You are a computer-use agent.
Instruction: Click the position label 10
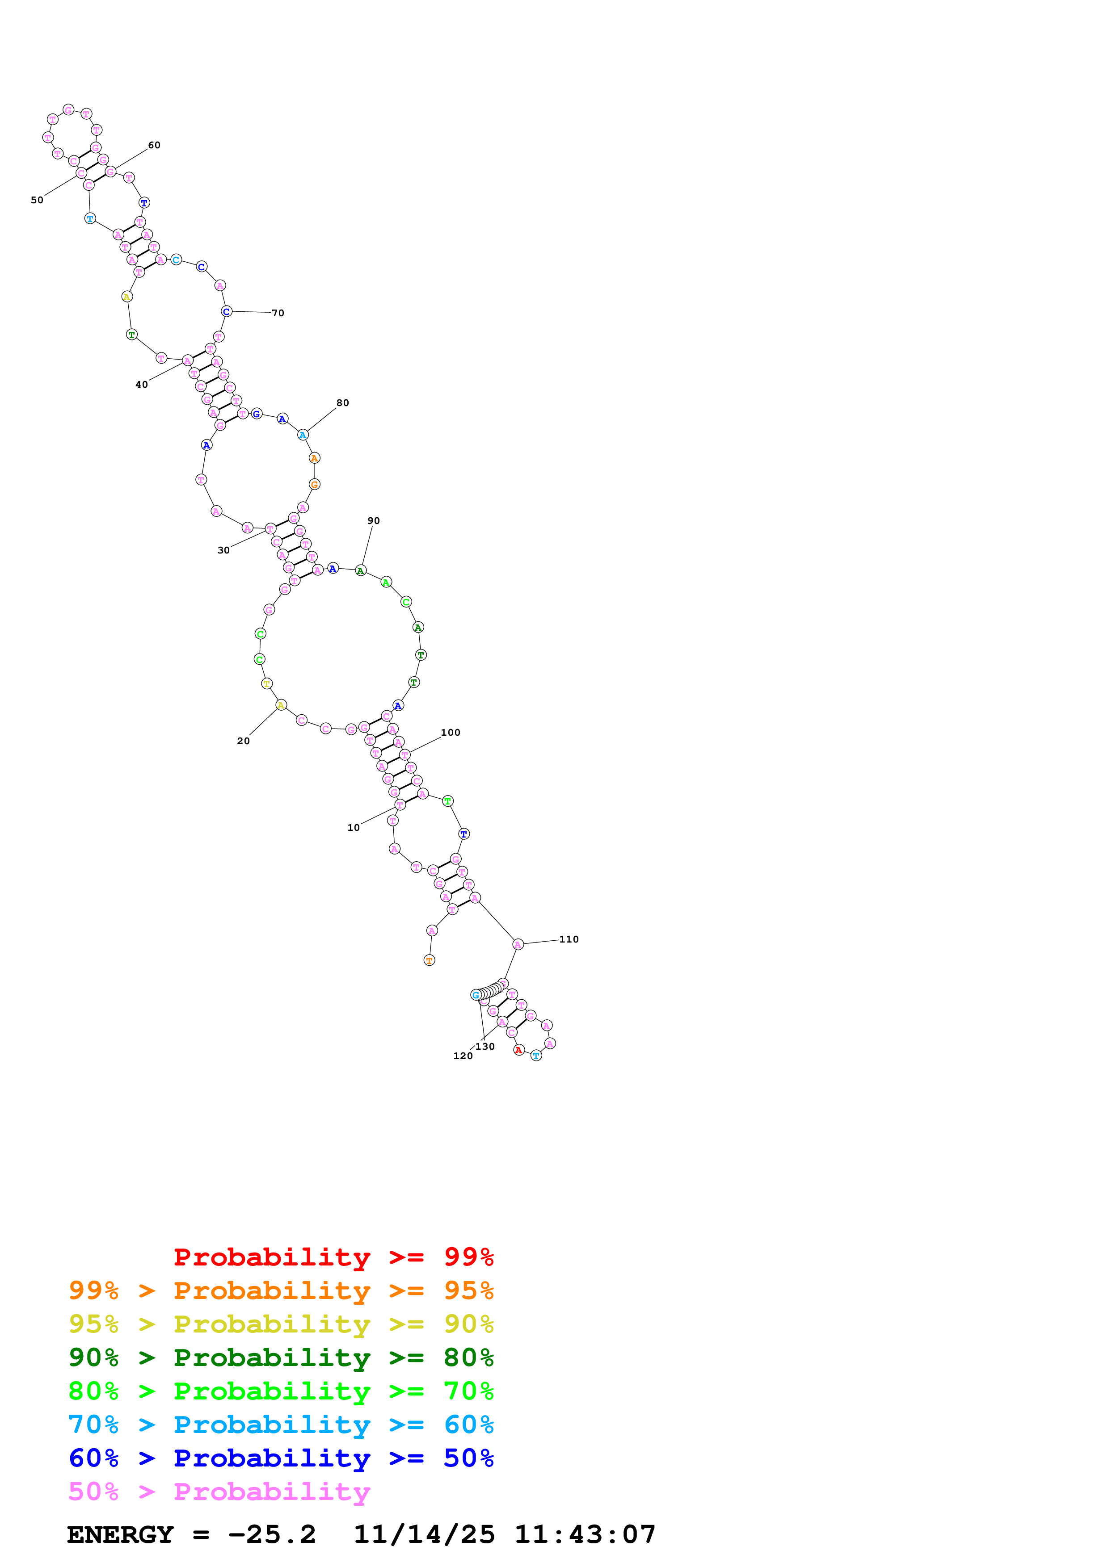pos(353,827)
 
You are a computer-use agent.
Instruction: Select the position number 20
pos(243,741)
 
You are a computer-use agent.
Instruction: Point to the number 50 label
pos(37,200)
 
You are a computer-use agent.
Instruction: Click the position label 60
pos(154,145)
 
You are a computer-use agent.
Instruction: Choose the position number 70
pos(278,313)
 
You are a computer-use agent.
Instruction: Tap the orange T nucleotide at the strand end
pos(430,960)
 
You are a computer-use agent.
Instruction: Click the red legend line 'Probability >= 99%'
pos(333,1257)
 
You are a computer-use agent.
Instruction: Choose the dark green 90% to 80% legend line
pos(281,1358)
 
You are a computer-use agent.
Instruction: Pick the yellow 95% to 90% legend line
pos(281,1324)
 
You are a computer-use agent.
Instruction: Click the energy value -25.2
pos(272,1535)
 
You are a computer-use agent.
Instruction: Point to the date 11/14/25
pos(424,1535)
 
